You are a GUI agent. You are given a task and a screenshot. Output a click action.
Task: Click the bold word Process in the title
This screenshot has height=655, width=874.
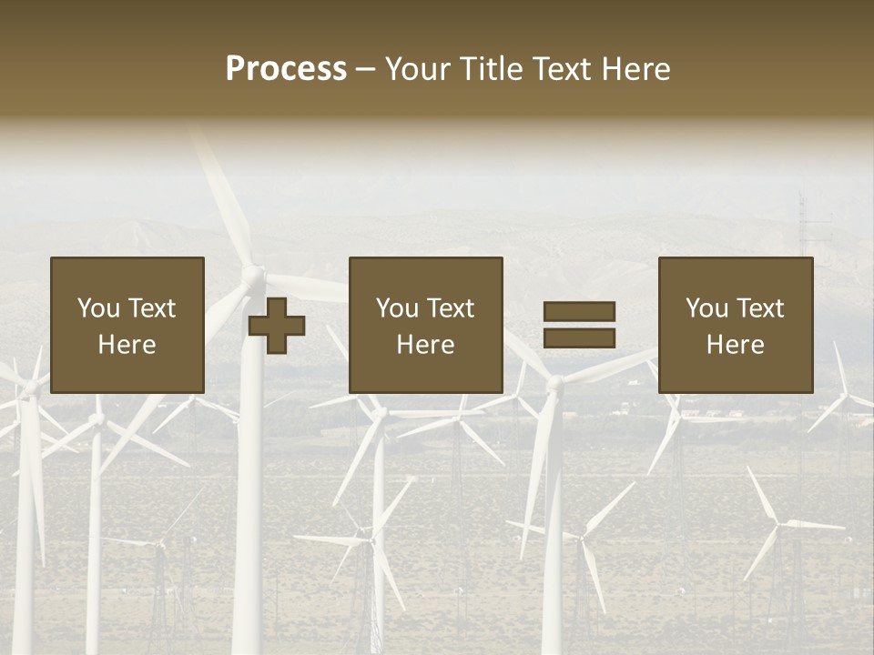[x=286, y=68]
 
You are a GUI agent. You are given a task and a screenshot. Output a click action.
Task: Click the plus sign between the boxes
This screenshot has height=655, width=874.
[x=277, y=326]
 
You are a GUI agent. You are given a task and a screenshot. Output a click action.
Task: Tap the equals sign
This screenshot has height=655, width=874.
[x=579, y=325]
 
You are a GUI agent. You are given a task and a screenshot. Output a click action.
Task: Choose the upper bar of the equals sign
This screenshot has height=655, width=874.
[x=579, y=312]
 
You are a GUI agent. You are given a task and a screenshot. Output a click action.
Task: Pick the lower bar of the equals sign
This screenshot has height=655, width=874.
[x=579, y=338]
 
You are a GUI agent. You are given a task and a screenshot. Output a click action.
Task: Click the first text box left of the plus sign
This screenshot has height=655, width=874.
[x=127, y=325]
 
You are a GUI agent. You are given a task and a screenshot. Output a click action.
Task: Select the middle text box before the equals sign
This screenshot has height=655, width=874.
[x=425, y=325]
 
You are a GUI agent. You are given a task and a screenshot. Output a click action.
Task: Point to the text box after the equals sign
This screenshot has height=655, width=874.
[x=735, y=325]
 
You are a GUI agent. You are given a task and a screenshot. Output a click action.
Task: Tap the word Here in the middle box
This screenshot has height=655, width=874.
[x=425, y=345]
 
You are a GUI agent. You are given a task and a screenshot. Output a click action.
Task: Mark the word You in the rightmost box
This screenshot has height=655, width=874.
[x=706, y=308]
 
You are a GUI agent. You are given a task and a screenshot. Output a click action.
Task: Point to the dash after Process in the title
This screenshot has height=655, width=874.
[x=365, y=70]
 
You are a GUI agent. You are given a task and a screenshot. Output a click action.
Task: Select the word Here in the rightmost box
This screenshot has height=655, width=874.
[x=735, y=345]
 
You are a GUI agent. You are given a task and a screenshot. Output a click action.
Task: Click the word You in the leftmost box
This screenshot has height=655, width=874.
[x=98, y=308]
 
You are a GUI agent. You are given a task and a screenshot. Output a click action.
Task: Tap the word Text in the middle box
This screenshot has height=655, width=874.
[x=450, y=308]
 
